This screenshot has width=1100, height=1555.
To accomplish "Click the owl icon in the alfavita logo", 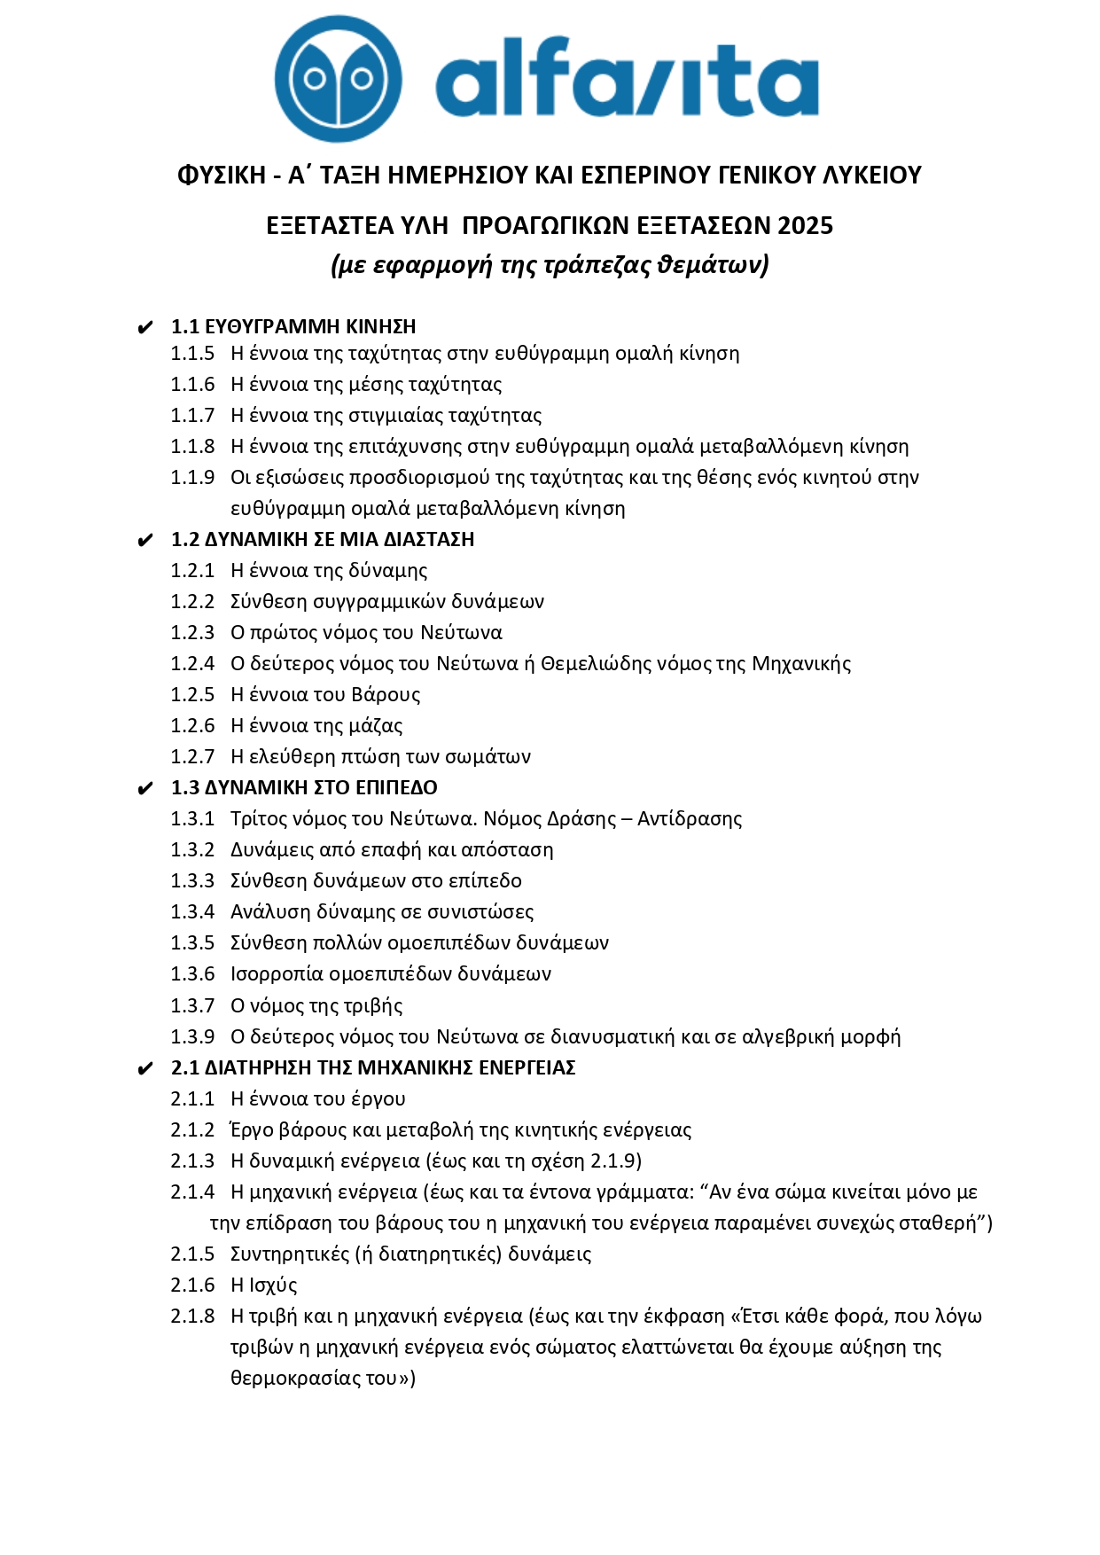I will click(x=338, y=79).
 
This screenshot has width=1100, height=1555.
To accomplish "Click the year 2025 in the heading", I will click(x=805, y=226).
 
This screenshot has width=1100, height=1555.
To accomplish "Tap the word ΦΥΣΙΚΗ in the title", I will click(x=222, y=176).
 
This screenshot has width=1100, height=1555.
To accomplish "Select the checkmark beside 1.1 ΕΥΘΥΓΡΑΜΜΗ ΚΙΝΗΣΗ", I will click(x=146, y=328).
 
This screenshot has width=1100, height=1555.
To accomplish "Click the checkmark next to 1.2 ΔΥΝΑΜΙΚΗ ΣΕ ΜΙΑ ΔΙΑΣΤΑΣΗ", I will click(x=146, y=541).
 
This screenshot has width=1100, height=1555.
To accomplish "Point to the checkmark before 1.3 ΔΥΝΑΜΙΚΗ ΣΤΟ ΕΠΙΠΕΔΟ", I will click(x=146, y=789).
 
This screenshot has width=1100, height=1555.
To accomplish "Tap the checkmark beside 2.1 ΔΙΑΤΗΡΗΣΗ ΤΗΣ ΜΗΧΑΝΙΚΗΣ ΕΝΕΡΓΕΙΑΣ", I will click(x=146, y=1069).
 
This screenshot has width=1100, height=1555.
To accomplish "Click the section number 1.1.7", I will click(x=192, y=416).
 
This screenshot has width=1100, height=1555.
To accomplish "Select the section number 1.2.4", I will click(x=192, y=664).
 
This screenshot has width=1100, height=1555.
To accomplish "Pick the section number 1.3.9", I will click(x=192, y=1037).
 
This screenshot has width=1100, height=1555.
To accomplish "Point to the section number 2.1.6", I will click(x=192, y=1285).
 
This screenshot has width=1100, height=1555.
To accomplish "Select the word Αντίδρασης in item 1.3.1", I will click(x=690, y=819).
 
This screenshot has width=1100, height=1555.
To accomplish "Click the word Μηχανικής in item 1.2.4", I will click(x=801, y=664).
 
